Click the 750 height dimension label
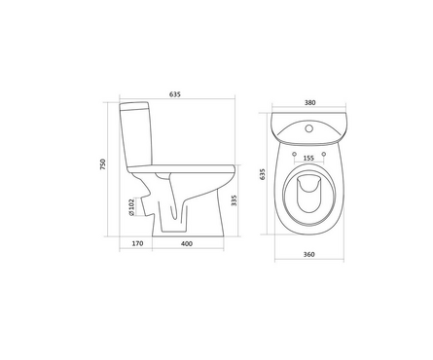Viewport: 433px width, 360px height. click(103, 164)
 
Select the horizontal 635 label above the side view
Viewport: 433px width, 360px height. click(175, 94)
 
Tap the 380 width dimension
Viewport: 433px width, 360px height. click(309, 102)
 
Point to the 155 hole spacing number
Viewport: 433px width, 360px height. click(308, 158)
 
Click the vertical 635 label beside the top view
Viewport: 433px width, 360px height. click(263, 174)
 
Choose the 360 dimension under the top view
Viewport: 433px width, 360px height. click(308, 255)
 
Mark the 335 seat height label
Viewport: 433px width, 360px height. click(235, 200)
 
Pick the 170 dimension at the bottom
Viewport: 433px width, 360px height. click(137, 243)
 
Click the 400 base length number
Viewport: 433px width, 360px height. click(187, 243)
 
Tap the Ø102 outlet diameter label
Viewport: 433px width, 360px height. click(131, 207)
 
